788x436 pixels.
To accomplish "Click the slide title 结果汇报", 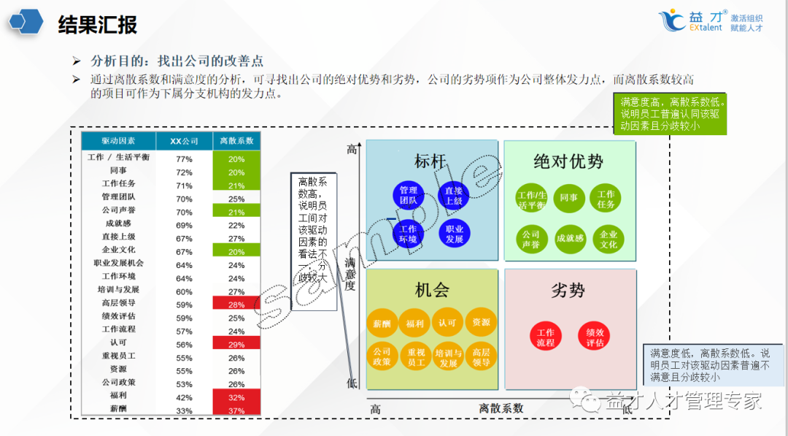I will click(97, 24).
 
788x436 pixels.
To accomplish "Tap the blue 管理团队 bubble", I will click(409, 195).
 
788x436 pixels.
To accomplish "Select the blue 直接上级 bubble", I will click(454, 195).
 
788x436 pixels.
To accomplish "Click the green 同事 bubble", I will click(569, 198).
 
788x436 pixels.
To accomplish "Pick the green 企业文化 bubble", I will click(609, 239).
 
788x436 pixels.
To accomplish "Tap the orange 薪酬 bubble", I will click(382, 323).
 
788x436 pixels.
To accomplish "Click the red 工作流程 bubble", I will click(546, 337).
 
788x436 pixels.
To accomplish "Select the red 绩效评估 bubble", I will click(595, 337).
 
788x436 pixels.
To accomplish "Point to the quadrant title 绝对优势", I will click(568, 161).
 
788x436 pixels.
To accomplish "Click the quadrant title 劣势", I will click(568, 290).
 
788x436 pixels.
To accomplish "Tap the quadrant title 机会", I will click(432, 290).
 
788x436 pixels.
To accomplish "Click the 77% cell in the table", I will click(184, 158).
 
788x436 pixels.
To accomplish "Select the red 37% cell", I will click(236, 410).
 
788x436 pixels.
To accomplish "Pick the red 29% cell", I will click(236, 344).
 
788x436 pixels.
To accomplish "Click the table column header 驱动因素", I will click(118, 140).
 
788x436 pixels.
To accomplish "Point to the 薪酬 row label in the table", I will click(118, 408).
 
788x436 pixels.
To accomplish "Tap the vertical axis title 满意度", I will click(350, 274).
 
